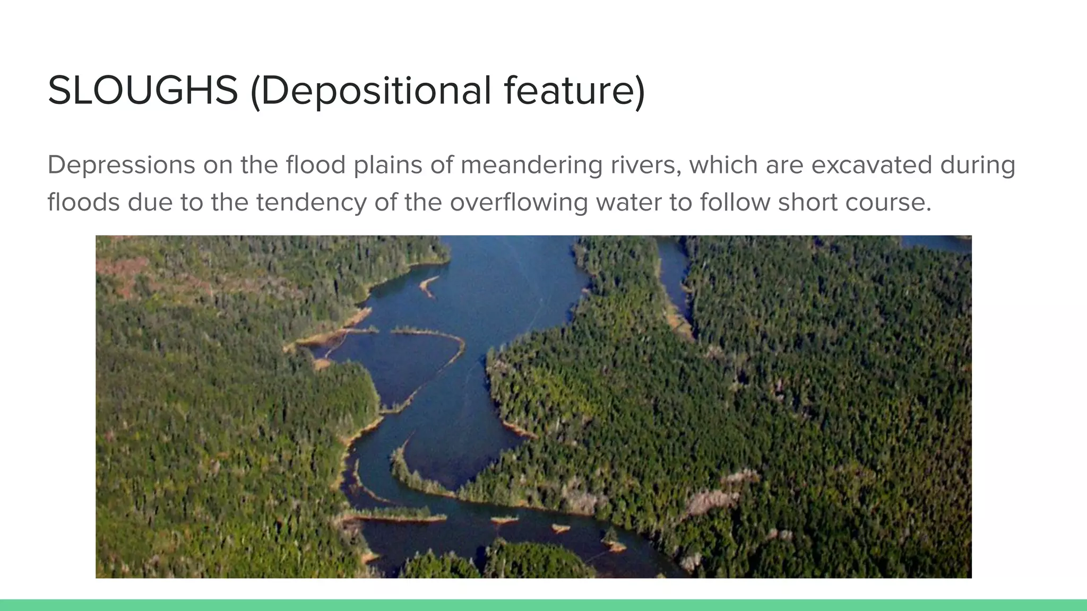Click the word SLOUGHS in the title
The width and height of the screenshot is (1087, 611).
[142, 91]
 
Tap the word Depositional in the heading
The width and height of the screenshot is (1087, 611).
[376, 91]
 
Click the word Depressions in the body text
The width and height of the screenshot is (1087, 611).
[121, 165]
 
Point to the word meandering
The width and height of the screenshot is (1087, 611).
[531, 165]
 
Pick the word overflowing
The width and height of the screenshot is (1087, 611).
[519, 202]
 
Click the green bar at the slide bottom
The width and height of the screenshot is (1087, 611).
[543, 605]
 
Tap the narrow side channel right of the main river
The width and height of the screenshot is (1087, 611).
[673, 281]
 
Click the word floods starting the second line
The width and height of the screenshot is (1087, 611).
[83, 202]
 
